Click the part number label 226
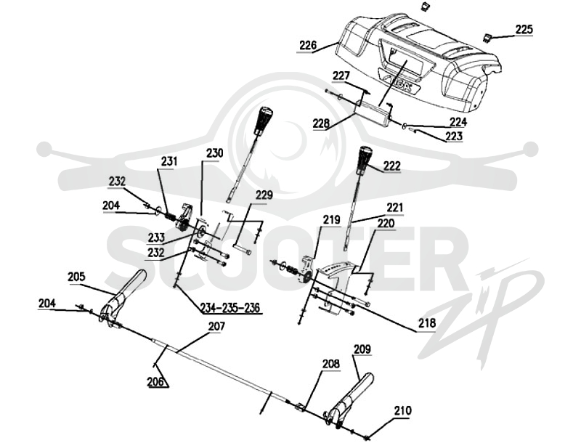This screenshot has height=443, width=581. pyautogui.click(x=308, y=46)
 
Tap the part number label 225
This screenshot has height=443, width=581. pyautogui.click(x=524, y=29)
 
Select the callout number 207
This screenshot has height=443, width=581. pyautogui.click(x=216, y=326)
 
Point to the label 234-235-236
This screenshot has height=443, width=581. pyautogui.click(x=230, y=307)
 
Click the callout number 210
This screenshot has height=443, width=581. pyautogui.click(x=402, y=410)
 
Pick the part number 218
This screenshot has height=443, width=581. pyautogui.click(x=426, y=323)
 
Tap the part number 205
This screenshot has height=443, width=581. pyautogui.click(x=76, y=277)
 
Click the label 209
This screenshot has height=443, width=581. pyautogui.click(x=362, y=349)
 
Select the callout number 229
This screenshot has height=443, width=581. pyautogui.click(x=264, y=195)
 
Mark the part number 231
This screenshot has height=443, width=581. pyautogui.click(x=169, y=161)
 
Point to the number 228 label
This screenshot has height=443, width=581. pyautogui.click(x=321, y=123)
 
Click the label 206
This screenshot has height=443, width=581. pyautogui.click(x=155, y=381)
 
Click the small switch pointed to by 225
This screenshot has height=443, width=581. pyautogui.click(x=488, y=36)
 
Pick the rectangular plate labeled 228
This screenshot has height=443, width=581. pyautogui.click(x=373, y=113)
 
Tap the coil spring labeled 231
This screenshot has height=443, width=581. pyautogui.click(x=171, y=216)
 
